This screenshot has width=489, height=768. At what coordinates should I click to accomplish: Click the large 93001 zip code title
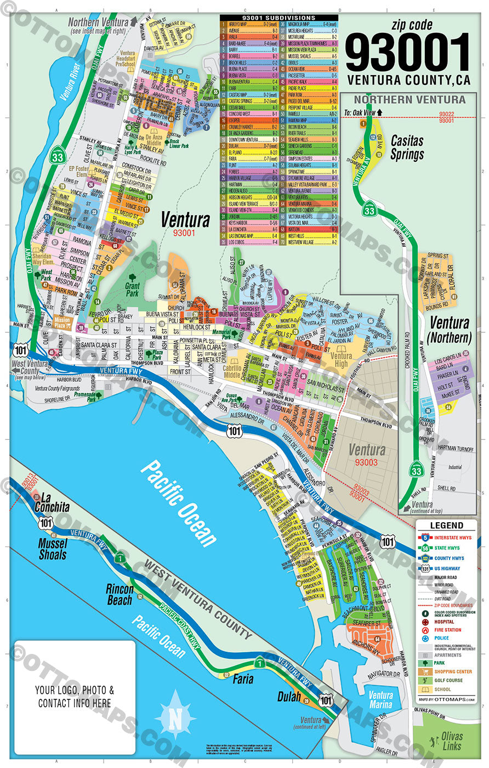click(x=408, y=53)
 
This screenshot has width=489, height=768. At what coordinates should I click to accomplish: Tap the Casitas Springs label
click(x=407, y=147)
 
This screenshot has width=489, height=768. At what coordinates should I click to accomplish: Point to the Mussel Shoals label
click(x=53, y=549)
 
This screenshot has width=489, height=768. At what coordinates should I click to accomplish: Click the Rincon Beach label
click(x=120, y=595)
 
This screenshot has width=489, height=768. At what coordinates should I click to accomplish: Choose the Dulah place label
click(x=288, y=697)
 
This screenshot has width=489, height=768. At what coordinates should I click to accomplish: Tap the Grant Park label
click(x=132, y=289)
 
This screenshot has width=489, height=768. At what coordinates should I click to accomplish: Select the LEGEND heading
click(x=446, y=526)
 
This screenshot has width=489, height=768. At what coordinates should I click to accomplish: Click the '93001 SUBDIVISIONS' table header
click(x=279, y=18)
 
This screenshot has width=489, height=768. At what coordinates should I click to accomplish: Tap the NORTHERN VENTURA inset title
click(x=409, y=100)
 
